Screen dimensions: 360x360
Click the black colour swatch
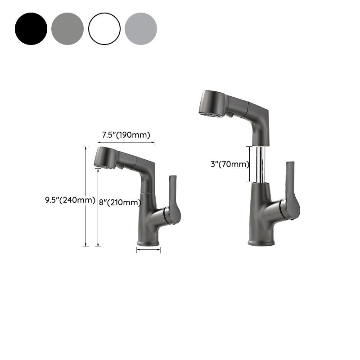coord(31,29)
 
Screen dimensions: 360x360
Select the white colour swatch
coord(104,29)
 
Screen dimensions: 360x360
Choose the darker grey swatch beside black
coord(67,29)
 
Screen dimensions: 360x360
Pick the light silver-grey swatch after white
coord(141,29)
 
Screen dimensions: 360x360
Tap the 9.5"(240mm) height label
coord(70,201)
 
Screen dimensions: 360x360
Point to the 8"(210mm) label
coord(120,202)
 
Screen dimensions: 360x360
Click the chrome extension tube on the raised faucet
coord(260,164)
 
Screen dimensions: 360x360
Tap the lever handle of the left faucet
coord(173,198)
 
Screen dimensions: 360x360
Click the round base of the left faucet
coord(148,242)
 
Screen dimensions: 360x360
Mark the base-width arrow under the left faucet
coord(148,251)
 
